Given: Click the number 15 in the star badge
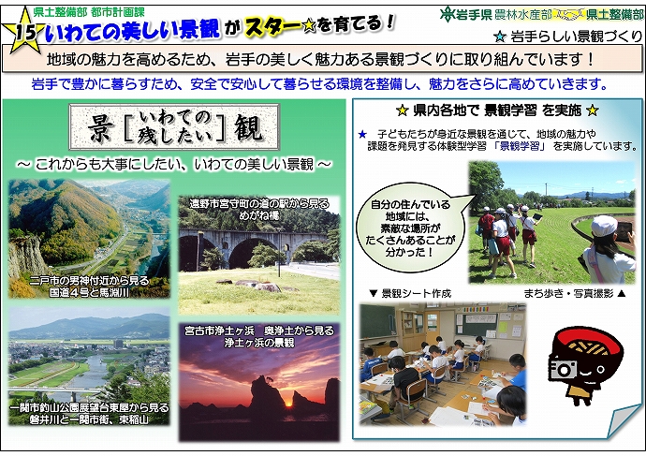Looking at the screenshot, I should (25, 30).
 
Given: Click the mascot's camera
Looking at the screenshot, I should (565, 368).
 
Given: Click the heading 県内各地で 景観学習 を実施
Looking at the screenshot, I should (496, 109).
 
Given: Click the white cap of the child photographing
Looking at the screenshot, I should (605, 226).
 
